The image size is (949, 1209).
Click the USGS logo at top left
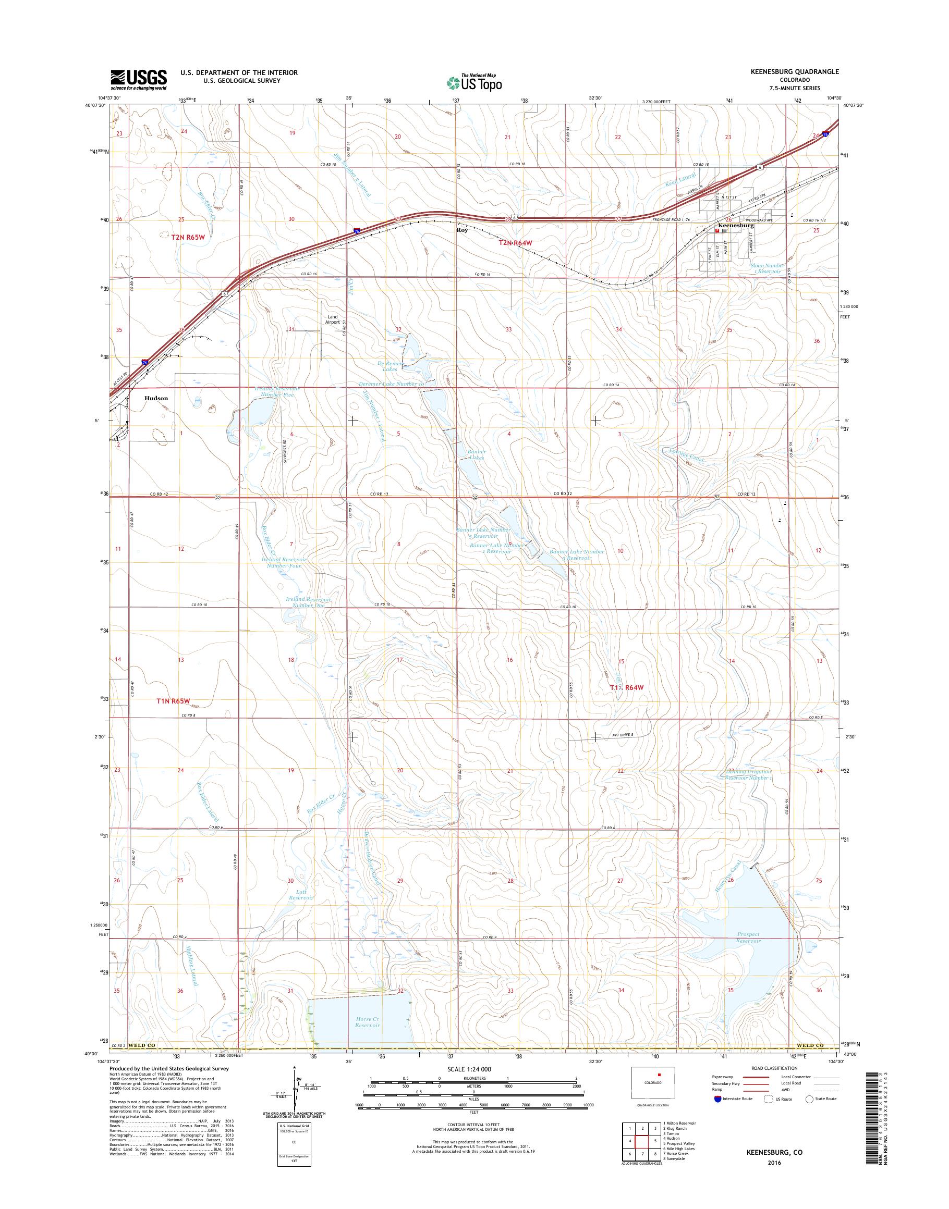(x=138, y=80)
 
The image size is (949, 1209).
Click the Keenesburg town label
(x=735, y=226)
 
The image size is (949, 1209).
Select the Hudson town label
(x=156, y=398)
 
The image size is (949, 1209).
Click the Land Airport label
(x=332, y=319)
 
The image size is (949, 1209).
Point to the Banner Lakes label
(x=476, y=454)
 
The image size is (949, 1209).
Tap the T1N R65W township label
(x=177, y=701)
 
